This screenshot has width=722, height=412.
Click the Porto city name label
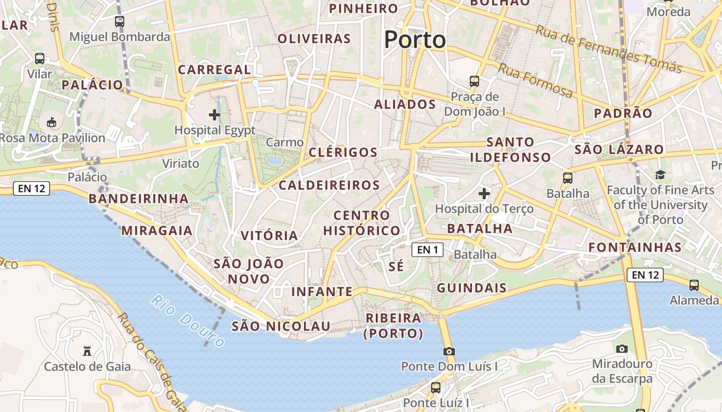click(415, 40)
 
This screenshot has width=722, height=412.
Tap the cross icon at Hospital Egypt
click(215, 115)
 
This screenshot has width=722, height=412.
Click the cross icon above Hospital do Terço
click(484, 194)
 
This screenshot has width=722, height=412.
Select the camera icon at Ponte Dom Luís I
click(449, 352)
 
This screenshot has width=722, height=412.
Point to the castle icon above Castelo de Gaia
click(87, 352)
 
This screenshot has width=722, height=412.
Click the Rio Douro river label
click(188, 320)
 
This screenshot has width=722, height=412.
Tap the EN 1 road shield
click(428, 250)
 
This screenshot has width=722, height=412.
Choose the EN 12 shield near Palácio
click(31, 188)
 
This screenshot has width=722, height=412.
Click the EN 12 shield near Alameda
click(645, 275)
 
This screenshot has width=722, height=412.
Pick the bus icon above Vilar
click(40, 59)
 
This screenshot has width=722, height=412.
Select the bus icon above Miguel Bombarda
click(120, 22)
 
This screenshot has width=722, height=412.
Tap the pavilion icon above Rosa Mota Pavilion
click(52, 123)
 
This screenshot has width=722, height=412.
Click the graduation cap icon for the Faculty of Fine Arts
click(660, 175)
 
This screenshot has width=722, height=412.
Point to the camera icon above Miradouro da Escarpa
click(622, 349)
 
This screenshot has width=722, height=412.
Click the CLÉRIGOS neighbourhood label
click(343, 152)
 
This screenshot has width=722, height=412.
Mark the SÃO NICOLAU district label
click(281, 326)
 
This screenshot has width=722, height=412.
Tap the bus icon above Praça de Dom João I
click(474, 81)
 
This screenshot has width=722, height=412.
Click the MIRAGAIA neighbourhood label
click(157, 230)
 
